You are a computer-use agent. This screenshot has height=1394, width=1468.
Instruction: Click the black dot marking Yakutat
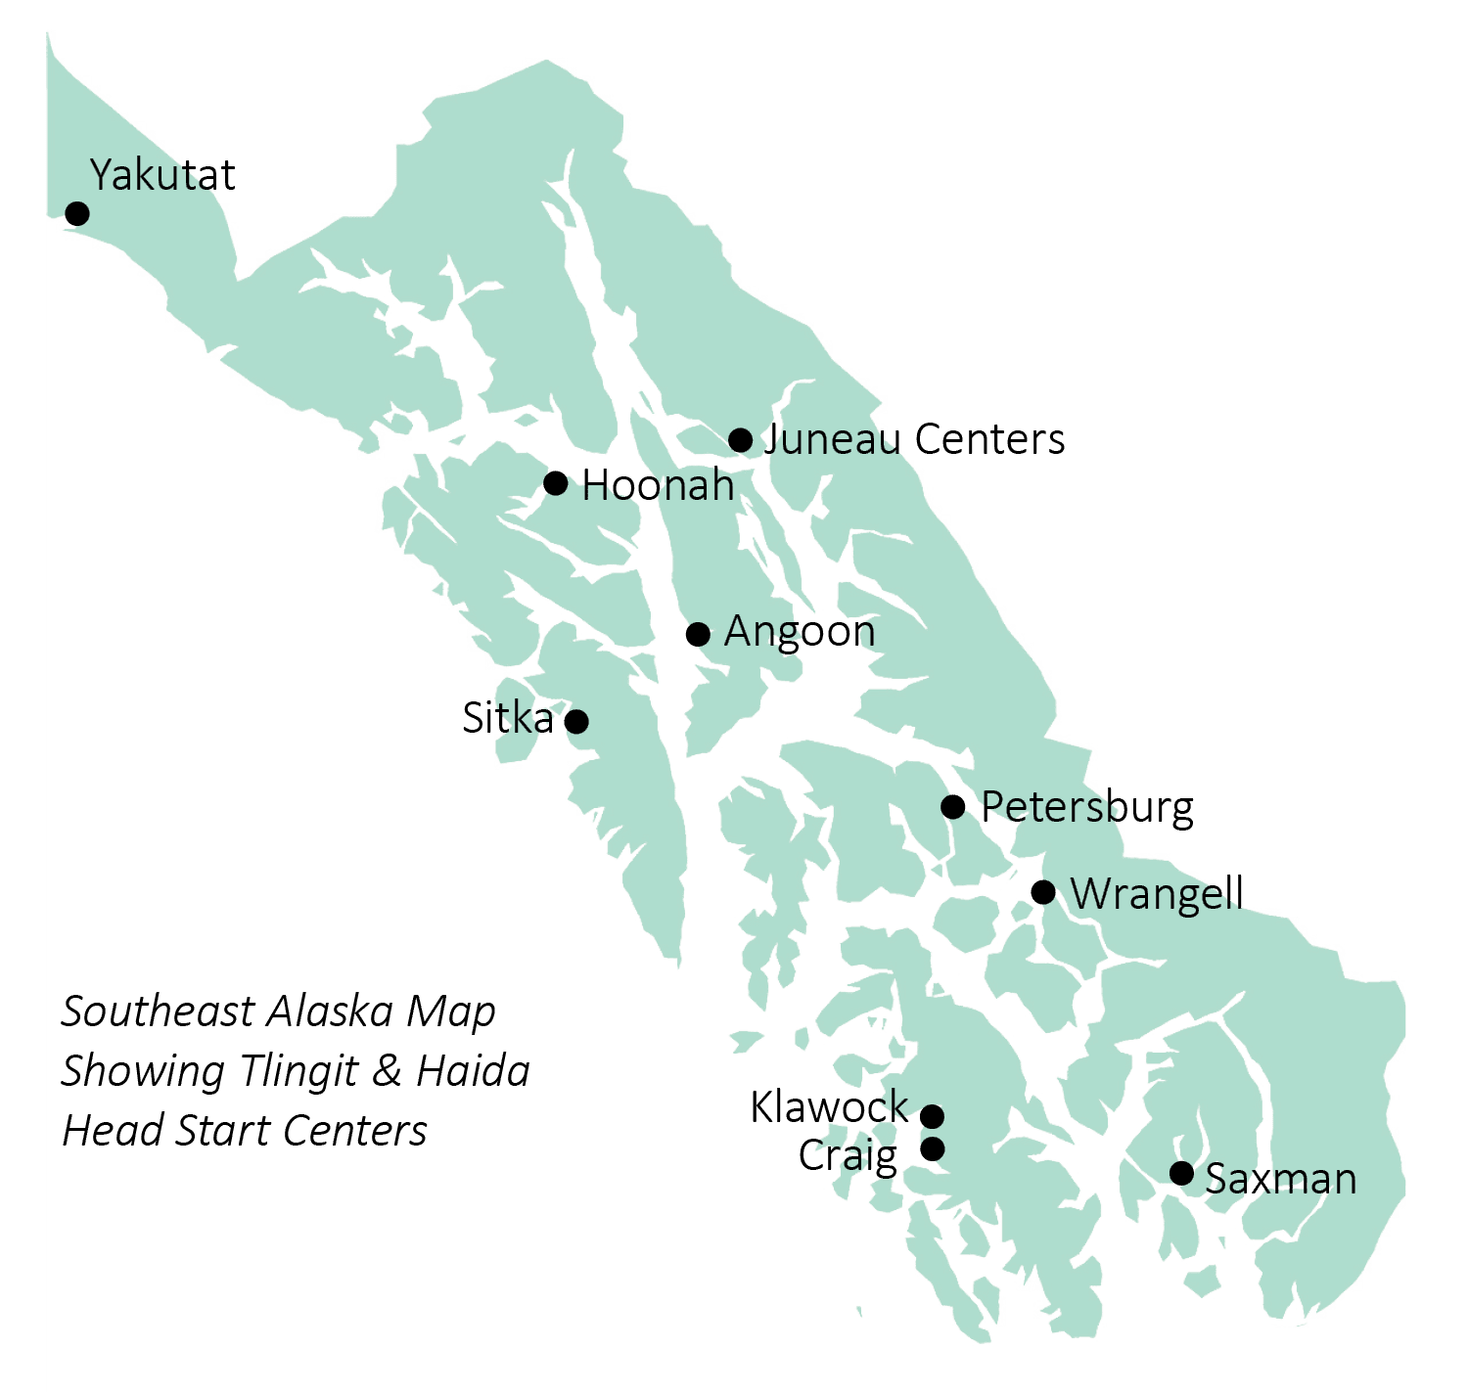pos(76,213)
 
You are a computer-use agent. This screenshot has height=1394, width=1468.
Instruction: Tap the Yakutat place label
pos(162,175)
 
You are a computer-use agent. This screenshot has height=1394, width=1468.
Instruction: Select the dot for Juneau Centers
pos(741,440)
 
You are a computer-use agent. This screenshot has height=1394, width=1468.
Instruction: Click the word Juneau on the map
pos(832,440)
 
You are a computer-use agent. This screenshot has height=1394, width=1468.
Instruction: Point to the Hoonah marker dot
pos(555,482)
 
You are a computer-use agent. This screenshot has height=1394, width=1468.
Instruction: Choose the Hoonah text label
pos(658,486)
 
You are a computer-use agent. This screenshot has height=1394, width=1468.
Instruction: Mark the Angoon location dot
pos(698,634)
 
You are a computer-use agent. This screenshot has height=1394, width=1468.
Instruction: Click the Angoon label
pos(800,632)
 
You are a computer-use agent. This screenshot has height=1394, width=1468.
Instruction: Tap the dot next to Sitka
pos(577,721)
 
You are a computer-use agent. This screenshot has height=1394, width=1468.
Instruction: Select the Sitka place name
pos(507,719)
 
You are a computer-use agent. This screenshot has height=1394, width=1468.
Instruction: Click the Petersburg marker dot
pos(953,807)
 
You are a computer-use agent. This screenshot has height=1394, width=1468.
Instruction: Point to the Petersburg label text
pos(1087,808)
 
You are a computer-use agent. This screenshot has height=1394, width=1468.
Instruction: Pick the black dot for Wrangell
pos(1043,892)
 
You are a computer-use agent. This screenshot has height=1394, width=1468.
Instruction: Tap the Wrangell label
pos(1157,894)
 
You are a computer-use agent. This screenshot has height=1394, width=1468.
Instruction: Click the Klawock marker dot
pos(933,1116)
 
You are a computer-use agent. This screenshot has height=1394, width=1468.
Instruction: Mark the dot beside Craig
pos(934,1148)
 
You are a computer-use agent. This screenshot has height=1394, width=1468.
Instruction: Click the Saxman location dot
pos(1182,1173)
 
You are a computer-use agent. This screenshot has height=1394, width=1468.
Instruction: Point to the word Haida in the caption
pos(473,1071)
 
